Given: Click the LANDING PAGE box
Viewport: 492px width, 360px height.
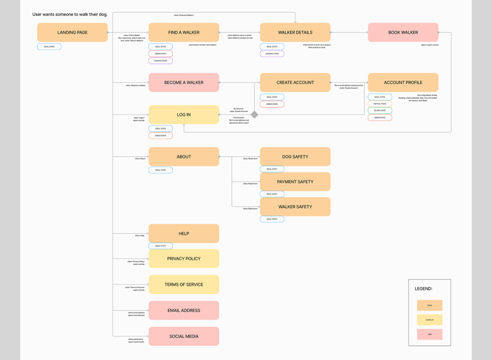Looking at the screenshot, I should [x=72, y=33].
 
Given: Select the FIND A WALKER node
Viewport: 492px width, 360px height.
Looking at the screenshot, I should [x=184, y=33].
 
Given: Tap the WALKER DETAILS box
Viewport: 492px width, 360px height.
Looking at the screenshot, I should [x=295, y=33].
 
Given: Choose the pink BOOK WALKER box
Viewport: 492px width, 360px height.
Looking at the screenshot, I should [x=403, y=33].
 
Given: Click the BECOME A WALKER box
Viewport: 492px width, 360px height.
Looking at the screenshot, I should [x=184, y=83].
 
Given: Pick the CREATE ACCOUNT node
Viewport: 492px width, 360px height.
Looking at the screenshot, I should [x=295, y=83].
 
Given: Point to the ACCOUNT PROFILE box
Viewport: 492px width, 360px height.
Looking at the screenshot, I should [x=403, y=83].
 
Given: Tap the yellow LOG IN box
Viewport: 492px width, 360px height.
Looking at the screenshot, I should [x=184, y=115].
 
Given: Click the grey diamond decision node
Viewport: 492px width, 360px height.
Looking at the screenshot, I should [x=254, y=115].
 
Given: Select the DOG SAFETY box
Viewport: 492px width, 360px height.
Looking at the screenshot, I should [x=295, y=157].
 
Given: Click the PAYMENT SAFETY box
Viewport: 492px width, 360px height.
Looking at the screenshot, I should [x=295, y=182].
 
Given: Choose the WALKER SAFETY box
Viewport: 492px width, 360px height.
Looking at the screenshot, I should [x=295, y=207].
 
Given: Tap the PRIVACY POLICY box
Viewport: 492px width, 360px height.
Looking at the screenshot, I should [x=184, y=259].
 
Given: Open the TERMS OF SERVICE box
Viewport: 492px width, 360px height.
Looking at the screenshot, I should [x=184, y=284].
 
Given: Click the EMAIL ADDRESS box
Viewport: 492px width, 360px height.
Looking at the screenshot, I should [x=184, y=311].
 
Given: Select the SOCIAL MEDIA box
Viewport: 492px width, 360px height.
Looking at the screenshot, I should [x=184, y=336].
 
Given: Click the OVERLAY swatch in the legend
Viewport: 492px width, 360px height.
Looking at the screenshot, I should [x=430, y=320].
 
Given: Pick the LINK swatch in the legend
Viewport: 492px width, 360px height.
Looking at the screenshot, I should [x=430, y=334].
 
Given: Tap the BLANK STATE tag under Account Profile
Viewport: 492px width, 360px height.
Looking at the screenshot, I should [x=380, y=111].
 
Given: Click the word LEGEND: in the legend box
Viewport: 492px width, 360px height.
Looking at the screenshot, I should [x=423, y=289].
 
